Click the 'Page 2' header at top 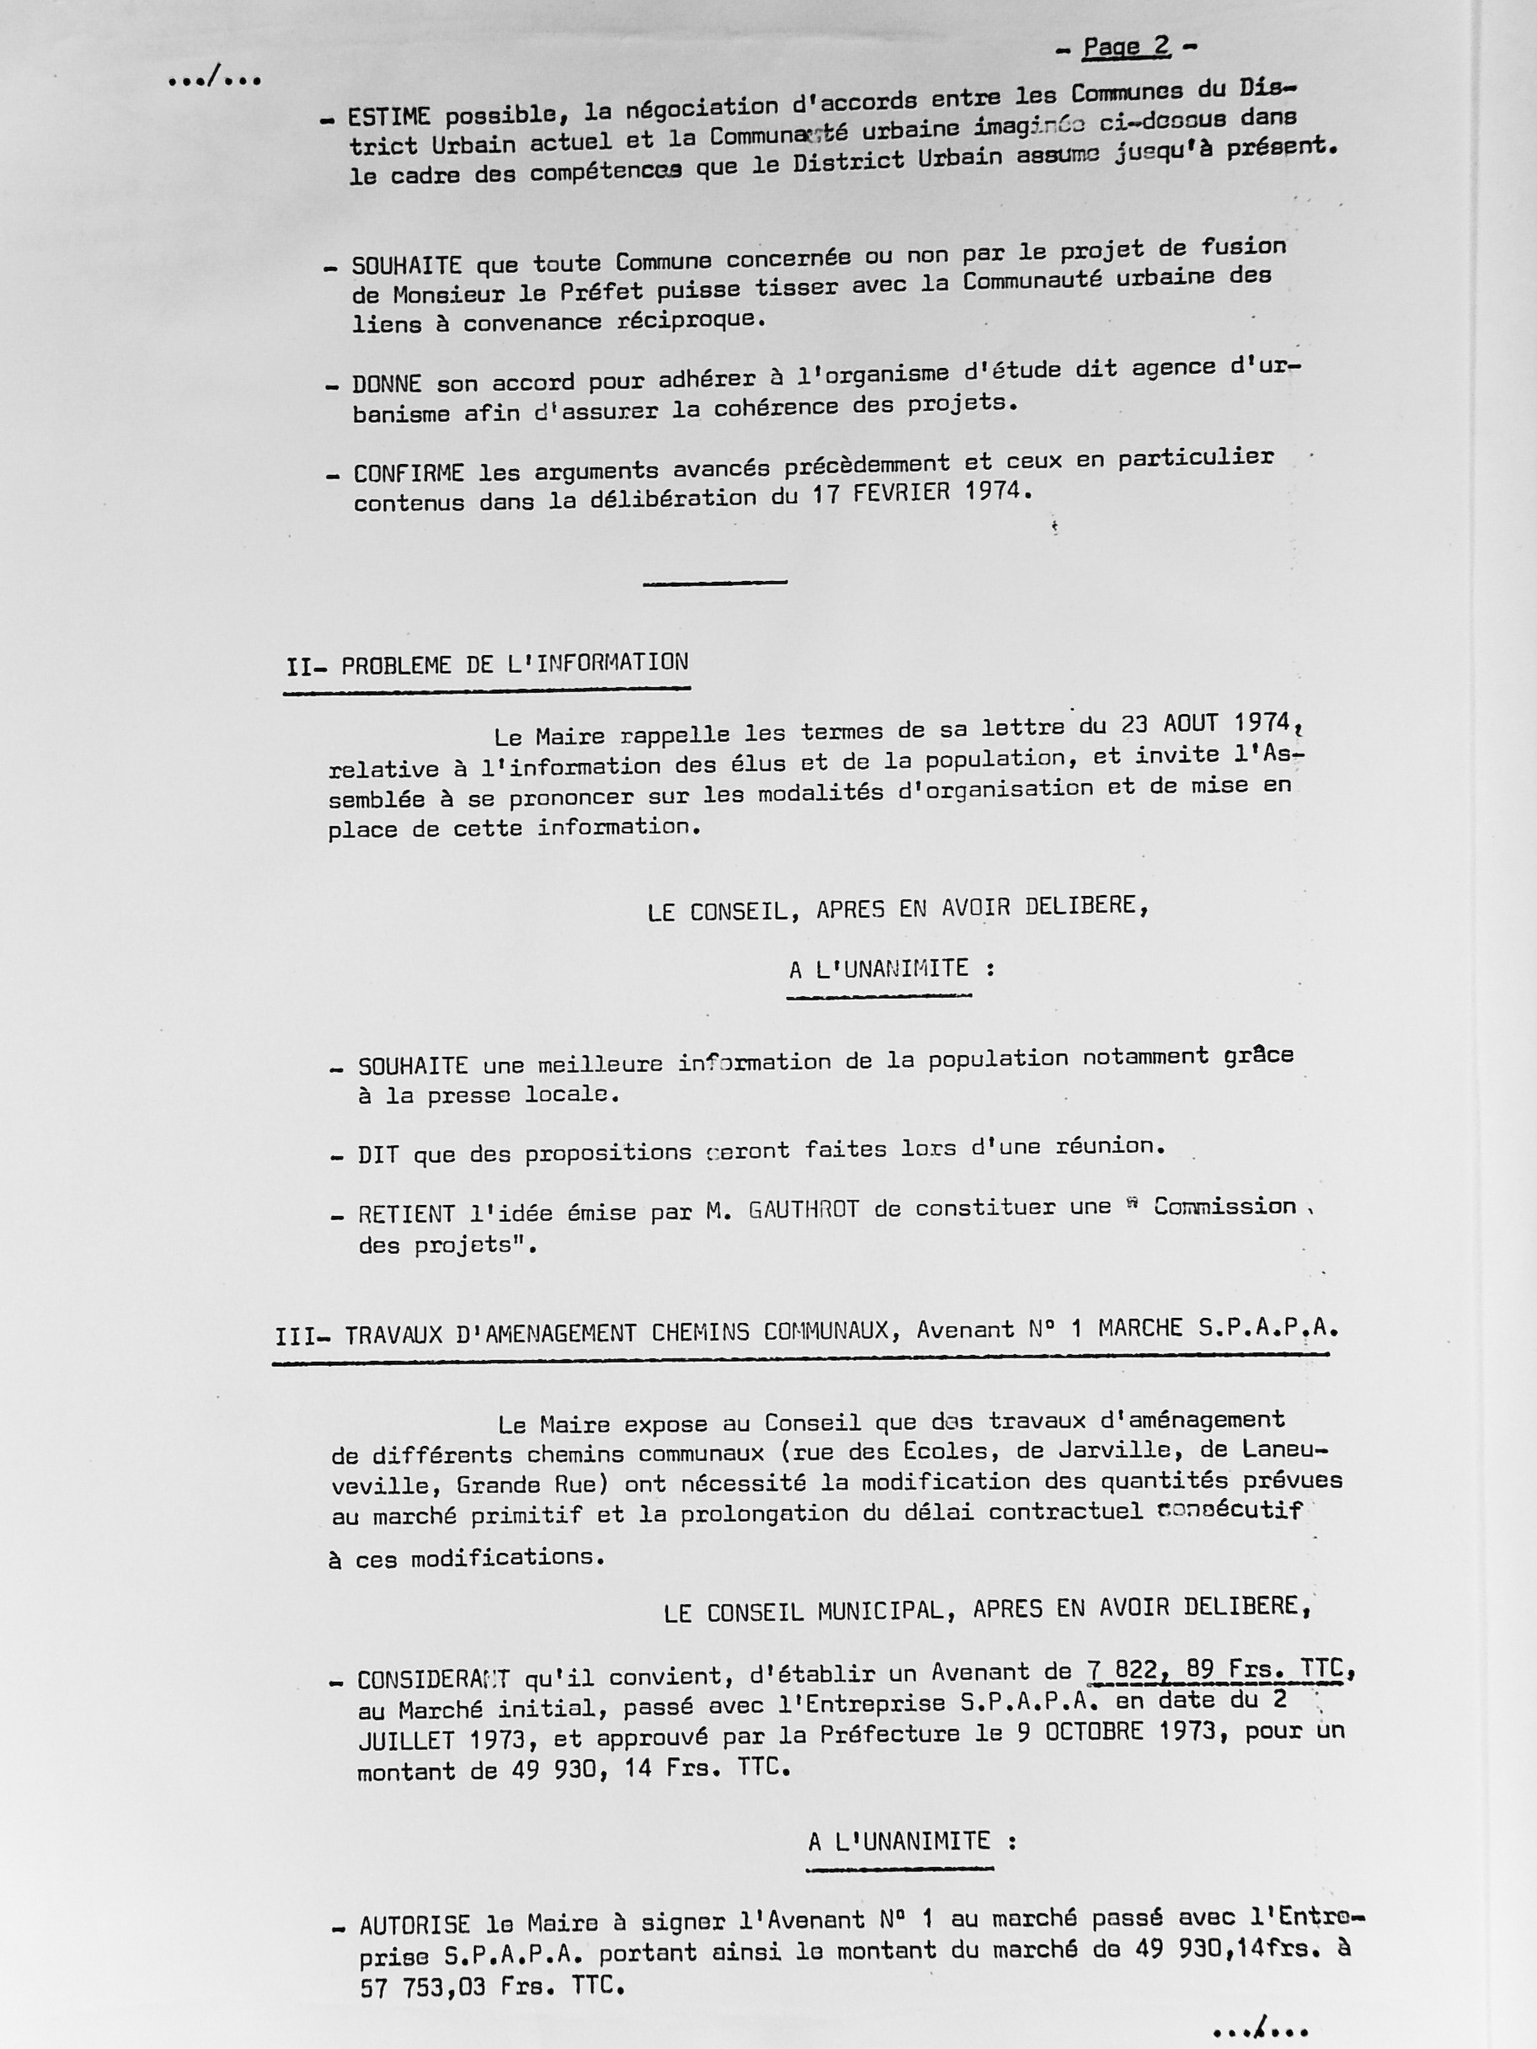tap(1126, 47)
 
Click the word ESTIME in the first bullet tap(388, 118)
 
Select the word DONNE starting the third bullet tap(387, 383)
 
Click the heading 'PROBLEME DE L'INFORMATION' tap(515, 664)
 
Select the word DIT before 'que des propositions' tap(380, 1155)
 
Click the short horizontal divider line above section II tap(714, 583)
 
